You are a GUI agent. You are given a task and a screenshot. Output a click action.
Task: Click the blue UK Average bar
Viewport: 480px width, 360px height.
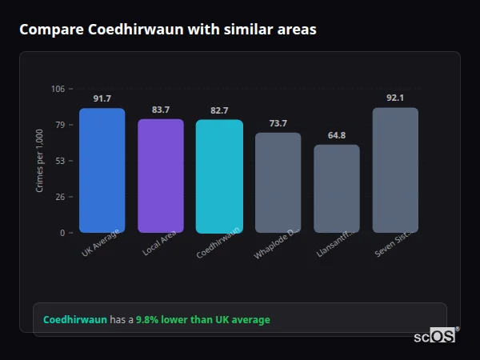tap(102, 170)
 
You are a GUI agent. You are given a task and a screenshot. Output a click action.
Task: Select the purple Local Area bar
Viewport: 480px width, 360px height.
tap(161, 176)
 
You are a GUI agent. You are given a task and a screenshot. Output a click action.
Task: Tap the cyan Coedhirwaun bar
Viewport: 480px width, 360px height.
tap(219, 176)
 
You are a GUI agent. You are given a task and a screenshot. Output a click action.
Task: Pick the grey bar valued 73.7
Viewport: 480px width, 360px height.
tap(278, 182)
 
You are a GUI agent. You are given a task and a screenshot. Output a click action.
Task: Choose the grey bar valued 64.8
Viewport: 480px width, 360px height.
tap(337, 189)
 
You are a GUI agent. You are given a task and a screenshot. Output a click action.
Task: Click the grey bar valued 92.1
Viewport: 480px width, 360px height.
tap(395, 170)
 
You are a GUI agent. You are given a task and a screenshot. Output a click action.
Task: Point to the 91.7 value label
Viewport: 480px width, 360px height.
tap(102, 98)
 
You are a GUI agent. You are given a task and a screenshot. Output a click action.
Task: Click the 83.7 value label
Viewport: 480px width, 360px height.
tap(161, 110)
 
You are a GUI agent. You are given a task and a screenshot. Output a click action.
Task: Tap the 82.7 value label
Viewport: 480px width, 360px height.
tap(219, 110)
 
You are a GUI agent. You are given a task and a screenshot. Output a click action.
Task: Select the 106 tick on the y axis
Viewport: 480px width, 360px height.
tap(58, 89)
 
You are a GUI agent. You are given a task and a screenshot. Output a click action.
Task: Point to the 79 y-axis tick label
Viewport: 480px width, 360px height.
tap(60, 125)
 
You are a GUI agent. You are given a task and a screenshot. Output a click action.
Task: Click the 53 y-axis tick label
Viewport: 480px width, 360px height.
tap(60, 161)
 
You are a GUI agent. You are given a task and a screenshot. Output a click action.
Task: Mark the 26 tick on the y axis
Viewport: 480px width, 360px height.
tap(60, 197)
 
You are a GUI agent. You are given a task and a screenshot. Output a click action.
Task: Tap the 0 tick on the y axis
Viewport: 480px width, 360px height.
tap(62, 233)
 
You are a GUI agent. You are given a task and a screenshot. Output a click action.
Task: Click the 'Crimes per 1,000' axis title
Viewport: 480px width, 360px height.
tap(40, 161)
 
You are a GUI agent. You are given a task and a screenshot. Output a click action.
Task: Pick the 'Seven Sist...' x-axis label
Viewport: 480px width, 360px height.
tap(394, 244)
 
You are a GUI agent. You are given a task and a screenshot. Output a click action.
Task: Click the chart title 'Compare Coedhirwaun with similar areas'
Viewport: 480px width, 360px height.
tap(167, 30)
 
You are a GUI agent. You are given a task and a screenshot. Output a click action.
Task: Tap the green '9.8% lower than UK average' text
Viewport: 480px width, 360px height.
tap(202, 320)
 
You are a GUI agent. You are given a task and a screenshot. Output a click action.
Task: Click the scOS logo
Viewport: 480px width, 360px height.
tap(434, 336)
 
